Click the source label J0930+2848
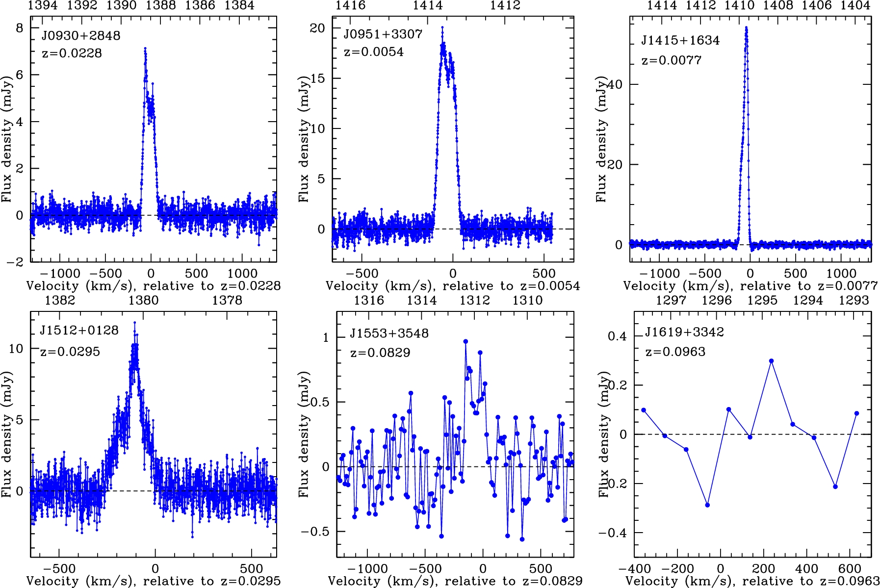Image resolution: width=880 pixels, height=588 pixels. tap(80, 36)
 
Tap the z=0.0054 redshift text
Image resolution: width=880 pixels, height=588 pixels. tap(374, 52)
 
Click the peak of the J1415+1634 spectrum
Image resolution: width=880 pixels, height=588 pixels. tap(746, 28)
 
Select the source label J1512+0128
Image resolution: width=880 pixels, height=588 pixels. tap(79, 331)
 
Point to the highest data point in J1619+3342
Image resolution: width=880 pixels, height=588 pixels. tap(772, 361)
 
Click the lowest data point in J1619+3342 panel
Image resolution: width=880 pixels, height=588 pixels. tap(707, 505)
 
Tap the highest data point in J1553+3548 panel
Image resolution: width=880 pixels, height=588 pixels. tap(466, 341)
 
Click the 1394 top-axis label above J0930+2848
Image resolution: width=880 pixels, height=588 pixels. tap(43, 5)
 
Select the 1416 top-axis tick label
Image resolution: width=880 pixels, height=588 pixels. tap(350, 5)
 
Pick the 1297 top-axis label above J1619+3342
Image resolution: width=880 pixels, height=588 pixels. tap(671, 300)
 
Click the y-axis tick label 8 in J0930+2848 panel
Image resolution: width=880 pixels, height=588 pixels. tap(20, 28)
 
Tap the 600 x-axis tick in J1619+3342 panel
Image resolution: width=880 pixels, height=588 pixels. tap(850, 569)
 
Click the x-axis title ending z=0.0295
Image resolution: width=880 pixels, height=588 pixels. tap(154, 581)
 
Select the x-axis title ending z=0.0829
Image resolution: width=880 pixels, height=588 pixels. tap(455, 581)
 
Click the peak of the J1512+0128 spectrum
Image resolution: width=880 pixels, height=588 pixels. tap(135, 323)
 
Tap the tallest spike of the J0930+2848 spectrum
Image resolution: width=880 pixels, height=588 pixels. tap(145, 49)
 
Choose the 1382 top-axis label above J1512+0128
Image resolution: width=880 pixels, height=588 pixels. tap(60, 300)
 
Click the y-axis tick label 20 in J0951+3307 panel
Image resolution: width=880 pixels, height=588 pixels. tap(317, 28)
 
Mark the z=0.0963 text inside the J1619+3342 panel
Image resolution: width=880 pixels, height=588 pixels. tap(675, 352)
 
